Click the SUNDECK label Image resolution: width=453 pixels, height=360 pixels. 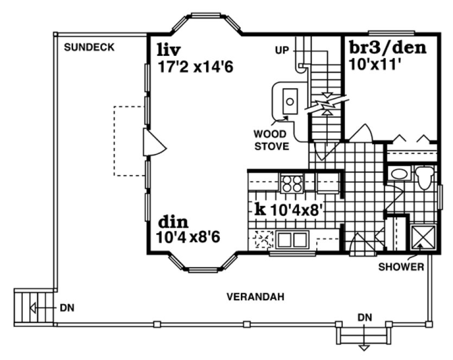coord(89,48)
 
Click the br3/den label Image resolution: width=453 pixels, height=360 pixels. coord(387,48)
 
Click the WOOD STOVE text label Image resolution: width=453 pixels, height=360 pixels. coord(271,139)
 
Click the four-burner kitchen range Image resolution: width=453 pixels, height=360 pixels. coord(292,183)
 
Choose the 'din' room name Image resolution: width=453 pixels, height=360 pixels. coord(173,222)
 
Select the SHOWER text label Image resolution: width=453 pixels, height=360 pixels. coord(400,267)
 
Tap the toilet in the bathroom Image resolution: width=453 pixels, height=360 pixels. coord(423,177)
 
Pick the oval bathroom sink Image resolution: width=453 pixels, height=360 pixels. coord(400,175)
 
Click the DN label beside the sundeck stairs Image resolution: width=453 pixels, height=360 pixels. coord(67,308)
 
